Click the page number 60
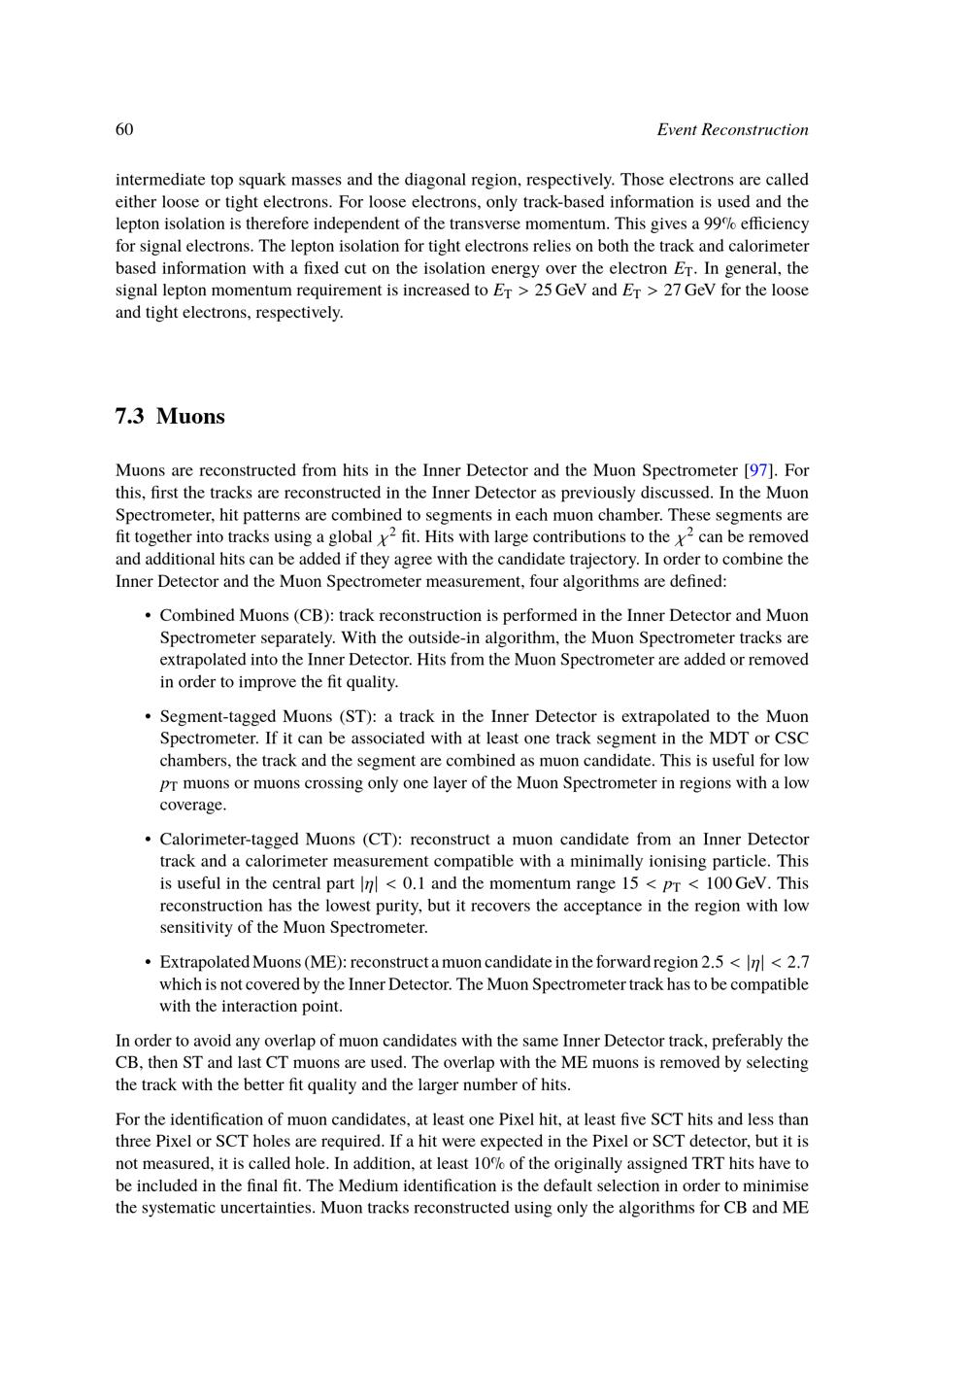pyautogui.click(x=124, y=130)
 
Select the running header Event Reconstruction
pyautogui.click(x=732, y=130)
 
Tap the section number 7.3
pyautogui.click(x=129, y=417)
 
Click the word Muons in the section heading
pyautogui.click(x=190, y=417)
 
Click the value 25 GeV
pyautogui.click(x=560, y=291)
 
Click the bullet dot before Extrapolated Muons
pyautogui.click(x=146, y=962)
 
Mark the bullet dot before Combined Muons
pyautogui.click(x=146, y=616)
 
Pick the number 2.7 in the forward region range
pyautogui.click(x=797, y=962)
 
